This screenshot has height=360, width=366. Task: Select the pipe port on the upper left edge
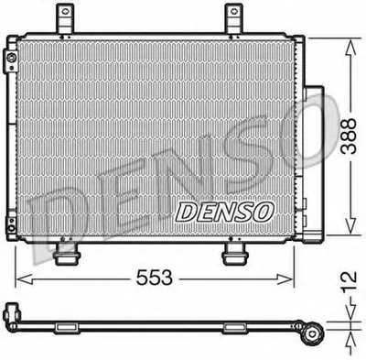9,62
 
